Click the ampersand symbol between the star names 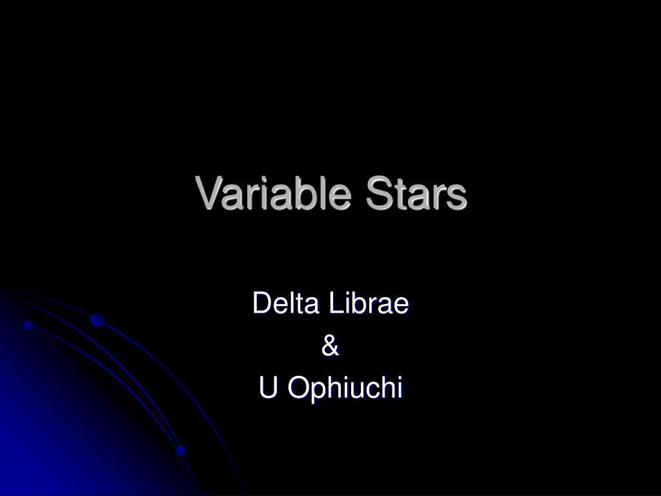pyautogui.click(x=330, y=346)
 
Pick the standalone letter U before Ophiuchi pyautogui.click(x=268, y=388)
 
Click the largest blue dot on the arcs pyautogui.click(x=97, y=319)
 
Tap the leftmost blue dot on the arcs pyautogui.click(x=28, y=324)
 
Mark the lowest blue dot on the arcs pyautogui.click(x=181, y=450)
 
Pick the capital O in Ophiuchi pyautogui.click(x=297, y=389)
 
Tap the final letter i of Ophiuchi pyautogui.click(x=400, y=388)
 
